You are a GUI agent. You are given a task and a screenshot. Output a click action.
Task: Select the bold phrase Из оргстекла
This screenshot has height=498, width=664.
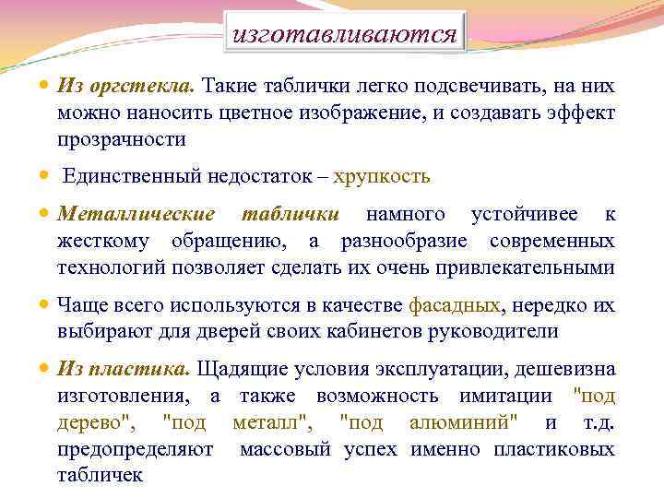pos(125,86)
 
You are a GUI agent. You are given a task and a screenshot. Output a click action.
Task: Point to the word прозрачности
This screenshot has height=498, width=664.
pos(122,139)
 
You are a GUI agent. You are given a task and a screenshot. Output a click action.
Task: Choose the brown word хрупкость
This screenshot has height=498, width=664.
pos(382,175)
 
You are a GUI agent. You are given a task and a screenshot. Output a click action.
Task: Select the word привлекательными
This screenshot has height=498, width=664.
pos(529,267)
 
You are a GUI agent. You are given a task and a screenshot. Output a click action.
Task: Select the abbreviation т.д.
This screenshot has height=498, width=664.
pos(599,423)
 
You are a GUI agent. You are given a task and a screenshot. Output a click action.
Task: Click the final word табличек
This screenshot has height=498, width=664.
pos(100,476)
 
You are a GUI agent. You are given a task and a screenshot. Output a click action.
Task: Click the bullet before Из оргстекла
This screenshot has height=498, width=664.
pos(46,86)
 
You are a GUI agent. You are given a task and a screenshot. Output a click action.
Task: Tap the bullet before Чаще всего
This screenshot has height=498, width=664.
pos(46,305)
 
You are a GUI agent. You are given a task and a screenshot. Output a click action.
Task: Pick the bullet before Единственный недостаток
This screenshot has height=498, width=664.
pos(46,175)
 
